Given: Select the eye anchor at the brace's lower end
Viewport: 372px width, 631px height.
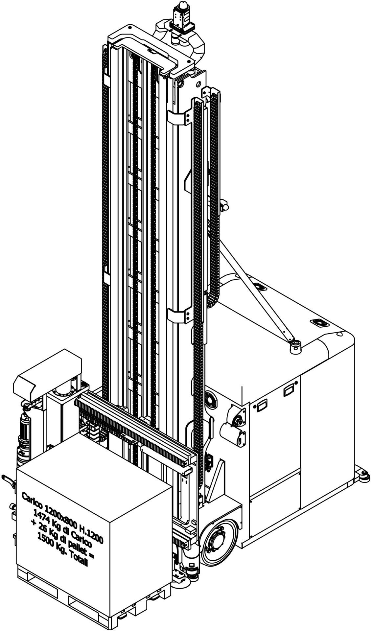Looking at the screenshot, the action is pyautogui.click(x=295, y=346).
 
